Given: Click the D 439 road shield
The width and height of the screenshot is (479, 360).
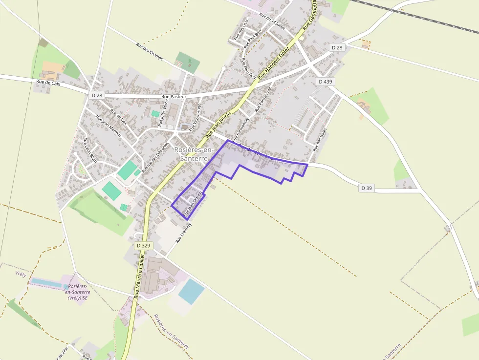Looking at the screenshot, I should tap(325, 82).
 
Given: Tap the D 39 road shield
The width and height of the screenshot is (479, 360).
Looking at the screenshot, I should tap(367, 188).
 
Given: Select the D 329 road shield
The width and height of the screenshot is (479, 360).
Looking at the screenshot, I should tap(143, 245).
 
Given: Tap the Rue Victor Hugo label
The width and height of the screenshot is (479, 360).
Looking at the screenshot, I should tap(196, 117).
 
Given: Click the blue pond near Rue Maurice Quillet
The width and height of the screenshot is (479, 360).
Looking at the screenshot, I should tap(191, 292).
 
